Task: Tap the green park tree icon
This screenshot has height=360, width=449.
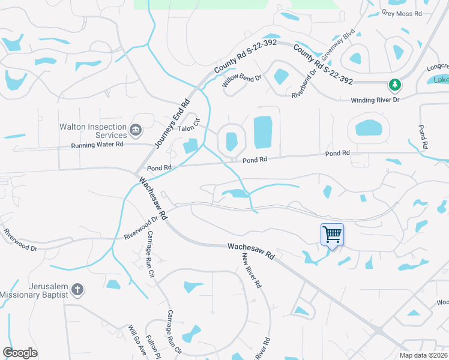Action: click(395, 85)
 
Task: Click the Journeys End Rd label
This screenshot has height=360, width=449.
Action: click(172, 124)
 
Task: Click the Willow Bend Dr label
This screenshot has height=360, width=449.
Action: click(243, 82)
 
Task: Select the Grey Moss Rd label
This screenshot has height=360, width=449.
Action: click(402, 13)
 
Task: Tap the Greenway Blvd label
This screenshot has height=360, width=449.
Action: click(339, 46)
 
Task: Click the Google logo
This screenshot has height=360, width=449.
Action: click(20, 353)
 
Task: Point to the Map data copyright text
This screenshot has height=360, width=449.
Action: click(424, 355)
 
